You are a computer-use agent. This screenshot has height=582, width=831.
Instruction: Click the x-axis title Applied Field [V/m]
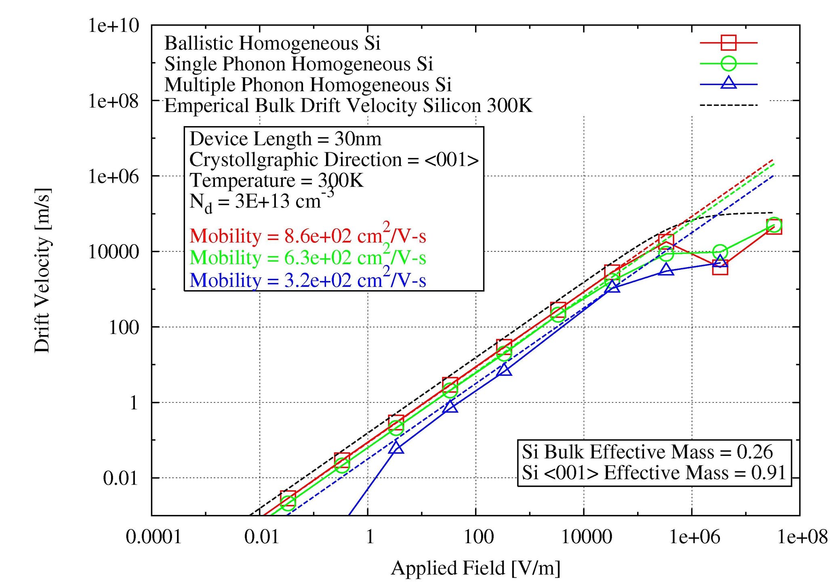point(475,568)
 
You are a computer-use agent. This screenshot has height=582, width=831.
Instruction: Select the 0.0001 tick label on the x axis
point(154,537)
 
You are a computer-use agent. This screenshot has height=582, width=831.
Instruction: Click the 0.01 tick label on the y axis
point(120,479)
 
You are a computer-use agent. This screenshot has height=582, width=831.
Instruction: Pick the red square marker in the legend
point(728,42)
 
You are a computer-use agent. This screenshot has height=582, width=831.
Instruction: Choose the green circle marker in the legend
point(728,63)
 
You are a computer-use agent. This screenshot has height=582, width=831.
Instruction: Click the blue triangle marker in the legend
point(728,83)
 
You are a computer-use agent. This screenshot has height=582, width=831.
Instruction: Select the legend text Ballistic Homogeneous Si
point(272,43)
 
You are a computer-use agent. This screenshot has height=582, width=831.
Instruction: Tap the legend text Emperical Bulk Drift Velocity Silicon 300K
point(348,106)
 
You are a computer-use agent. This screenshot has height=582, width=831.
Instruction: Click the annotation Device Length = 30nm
point(285,139)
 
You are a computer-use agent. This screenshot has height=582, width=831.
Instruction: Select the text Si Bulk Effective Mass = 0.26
point(647,452)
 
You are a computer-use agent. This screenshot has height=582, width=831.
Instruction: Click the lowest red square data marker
point(288,498)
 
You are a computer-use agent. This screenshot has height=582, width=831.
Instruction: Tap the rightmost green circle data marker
point(774,224)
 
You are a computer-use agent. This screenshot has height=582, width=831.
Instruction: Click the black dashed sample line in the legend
point(728,105)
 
